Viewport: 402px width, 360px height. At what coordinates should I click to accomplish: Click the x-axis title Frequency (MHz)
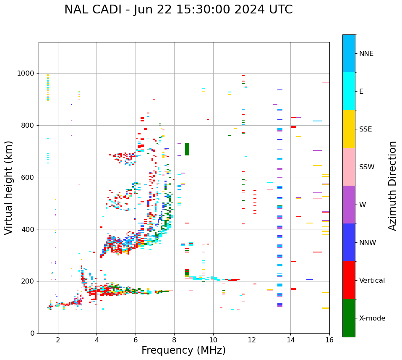pos(183,350)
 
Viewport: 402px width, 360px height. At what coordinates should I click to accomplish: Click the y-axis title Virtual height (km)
pos(9,188)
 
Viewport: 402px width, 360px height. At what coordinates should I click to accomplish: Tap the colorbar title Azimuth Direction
pos(392,186)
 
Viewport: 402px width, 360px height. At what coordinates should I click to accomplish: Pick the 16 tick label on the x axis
pos(329,340)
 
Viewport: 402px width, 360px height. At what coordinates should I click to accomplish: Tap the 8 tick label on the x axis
pos(174,340)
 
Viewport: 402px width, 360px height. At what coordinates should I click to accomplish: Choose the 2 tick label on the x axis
pos(58,340)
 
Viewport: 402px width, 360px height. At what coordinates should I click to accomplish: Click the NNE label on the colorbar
pos(366,54)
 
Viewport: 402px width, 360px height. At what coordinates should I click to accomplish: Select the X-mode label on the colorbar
pos(372,318)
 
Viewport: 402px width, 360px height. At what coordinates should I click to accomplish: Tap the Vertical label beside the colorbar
pos(372,281)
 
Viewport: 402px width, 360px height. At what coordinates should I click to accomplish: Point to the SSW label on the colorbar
pos(367,167)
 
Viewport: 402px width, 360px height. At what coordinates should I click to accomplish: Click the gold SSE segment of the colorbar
pos(349,129)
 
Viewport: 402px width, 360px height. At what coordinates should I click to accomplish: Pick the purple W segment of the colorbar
pos(349,205)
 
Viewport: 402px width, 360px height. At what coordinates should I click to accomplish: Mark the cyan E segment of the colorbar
pos(349,91)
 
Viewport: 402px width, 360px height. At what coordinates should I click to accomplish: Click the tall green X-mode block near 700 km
pos(187,149)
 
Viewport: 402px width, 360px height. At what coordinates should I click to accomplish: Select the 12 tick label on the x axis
pos(252,340)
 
